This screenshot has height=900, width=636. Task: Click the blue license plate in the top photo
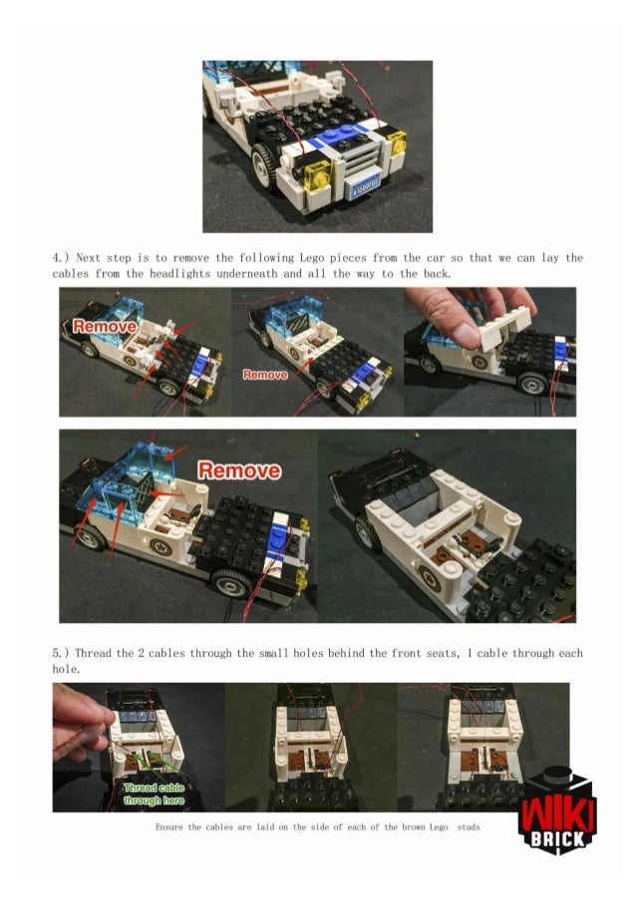coord(365,186)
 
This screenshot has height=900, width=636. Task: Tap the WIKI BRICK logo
coord(557,811)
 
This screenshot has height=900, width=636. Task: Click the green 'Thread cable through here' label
coord(154,793)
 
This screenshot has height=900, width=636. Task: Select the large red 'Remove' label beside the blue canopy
coord(239,470)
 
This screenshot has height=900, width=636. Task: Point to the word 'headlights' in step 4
coord(179,274)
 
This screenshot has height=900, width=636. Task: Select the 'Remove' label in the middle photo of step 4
coord(264,375)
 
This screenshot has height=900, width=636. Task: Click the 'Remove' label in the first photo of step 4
coord(105,327)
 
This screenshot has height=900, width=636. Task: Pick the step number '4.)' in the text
coord(61,258)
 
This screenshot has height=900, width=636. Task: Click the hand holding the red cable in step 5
coord(82,722)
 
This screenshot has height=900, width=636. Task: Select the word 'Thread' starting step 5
coord(93,653)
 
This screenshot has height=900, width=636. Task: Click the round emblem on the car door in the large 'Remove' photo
coord(160,546)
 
